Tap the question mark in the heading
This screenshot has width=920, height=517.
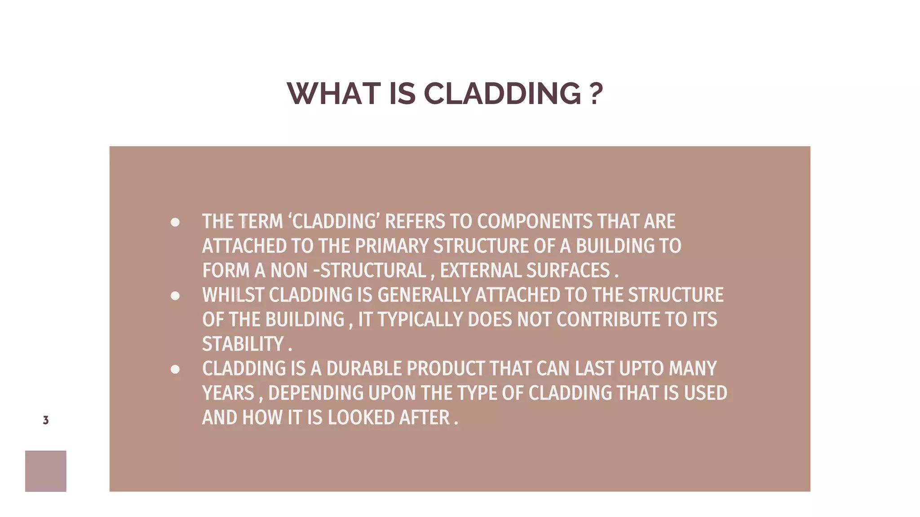[x=596, y=94]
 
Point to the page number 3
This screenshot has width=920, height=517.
[x=46, y=420]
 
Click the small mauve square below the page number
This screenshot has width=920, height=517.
[x=46, y=471]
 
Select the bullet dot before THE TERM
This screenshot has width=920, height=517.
[x=175, y=222]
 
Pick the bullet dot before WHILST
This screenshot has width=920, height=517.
[x=175, y=296]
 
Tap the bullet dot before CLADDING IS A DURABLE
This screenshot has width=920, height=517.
[x=175, y=369]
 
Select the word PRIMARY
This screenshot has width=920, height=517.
[x=392, y=246]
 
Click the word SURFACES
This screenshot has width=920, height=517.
[x=568, y=271]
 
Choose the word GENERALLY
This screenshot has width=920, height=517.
[x=424, y=295]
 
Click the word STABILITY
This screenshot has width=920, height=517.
[x=243, y=344]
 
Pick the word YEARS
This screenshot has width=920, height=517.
[x=228, y=393]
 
